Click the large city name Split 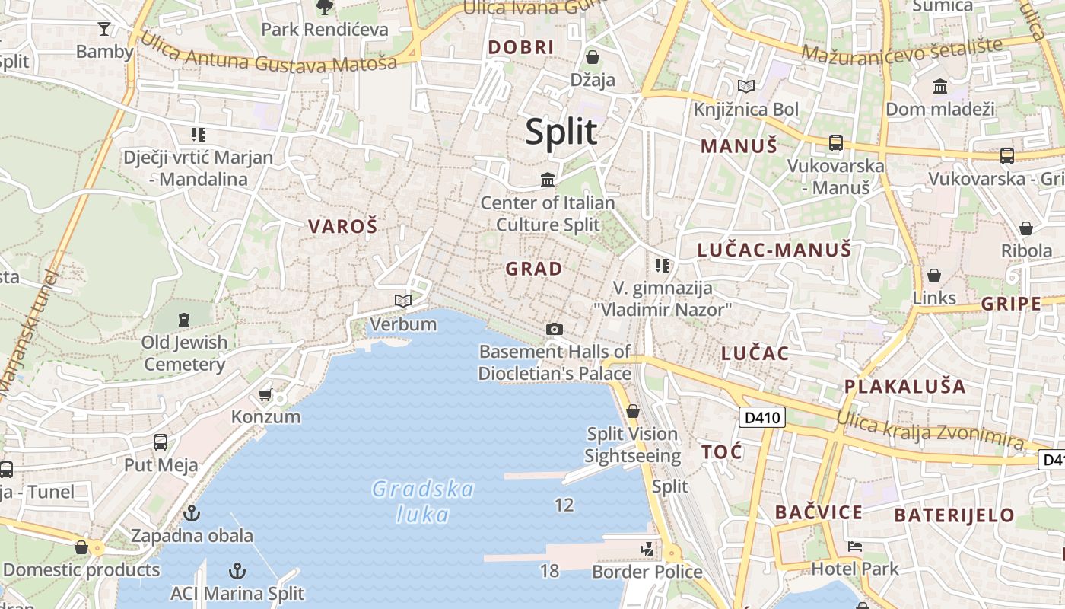click(x=561, y=132)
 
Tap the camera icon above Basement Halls click(x=555, y=329)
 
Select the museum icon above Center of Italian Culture click(x=548, y=180)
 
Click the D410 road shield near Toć click(x=761, y=417)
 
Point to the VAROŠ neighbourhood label click(x=342, y=226)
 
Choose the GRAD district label click(x=534, y=269)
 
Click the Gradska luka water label click(x=423, y=502)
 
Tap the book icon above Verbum click(x=403, y=301)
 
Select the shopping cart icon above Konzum click(x=265, y=394)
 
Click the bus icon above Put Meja click(x=161, y=442)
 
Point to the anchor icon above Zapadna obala click(x=192, y=512)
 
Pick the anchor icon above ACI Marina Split click(x=237, y=570)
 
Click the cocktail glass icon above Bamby click(x=104, y=29)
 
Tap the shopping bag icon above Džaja click(x=593, y=57)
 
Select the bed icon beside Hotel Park click(x=855, y=546)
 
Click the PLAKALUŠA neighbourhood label click(x=904, y=386)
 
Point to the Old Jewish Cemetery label click(x=184, y=353)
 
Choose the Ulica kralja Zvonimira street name click(x=930, y=429)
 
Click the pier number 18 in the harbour click(x=549, y=570)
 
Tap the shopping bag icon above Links click(x=933, y=276)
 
